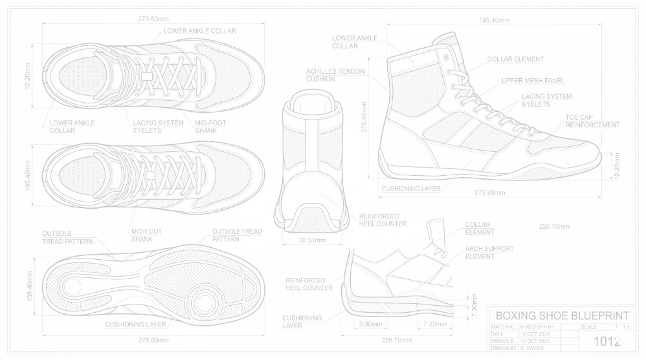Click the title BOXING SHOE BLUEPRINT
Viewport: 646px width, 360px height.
coord(563,315)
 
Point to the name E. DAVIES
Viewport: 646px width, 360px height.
coord(532,347)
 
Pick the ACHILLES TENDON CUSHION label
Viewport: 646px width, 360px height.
coord(335,75)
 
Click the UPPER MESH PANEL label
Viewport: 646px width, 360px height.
coord(532,81)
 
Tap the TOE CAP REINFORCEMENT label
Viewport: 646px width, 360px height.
coord(592,121)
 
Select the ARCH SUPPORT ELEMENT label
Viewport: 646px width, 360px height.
coord(489,253)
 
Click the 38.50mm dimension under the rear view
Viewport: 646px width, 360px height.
coord(312,240)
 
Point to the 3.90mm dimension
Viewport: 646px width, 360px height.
coord(370,323)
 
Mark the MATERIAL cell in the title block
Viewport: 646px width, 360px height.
coord(503,327)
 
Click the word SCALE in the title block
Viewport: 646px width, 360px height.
coord(588,327)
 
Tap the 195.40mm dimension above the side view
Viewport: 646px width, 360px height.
coord(494,20)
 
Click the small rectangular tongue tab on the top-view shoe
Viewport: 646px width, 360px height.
coord(146,76)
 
